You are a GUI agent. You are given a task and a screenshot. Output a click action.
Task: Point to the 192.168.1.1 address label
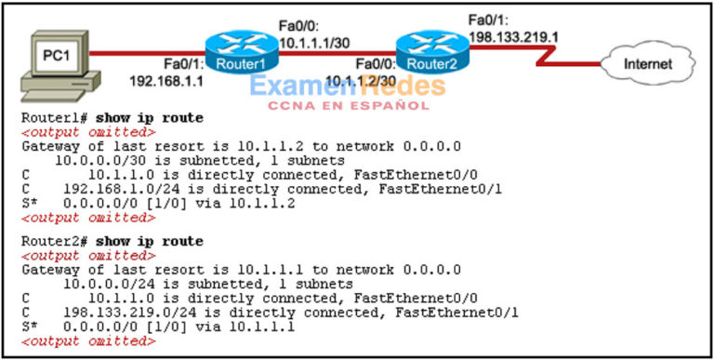coord(167,81)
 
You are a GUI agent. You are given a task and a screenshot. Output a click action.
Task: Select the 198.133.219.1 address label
coord(514,37)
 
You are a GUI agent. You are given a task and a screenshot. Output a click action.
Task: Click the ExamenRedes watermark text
coord(347,87)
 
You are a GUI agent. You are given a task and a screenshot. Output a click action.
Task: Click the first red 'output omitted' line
coord(88,132)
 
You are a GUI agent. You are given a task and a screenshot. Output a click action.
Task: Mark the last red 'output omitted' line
coord(88,341)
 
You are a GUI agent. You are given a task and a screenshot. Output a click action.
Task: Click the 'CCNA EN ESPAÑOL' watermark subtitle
coord(348,106)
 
